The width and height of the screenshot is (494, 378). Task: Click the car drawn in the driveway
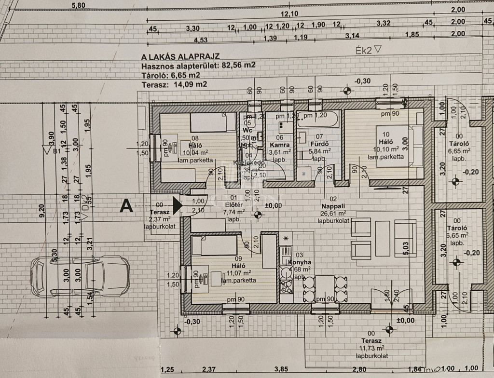point(80,277)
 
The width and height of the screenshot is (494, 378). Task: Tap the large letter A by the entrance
point(126,206)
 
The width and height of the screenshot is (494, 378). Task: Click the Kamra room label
point(279,145)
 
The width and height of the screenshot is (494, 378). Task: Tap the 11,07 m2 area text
point(239,272)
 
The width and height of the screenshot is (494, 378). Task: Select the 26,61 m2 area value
point(336,213)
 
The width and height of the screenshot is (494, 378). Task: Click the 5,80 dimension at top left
point(78,5)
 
